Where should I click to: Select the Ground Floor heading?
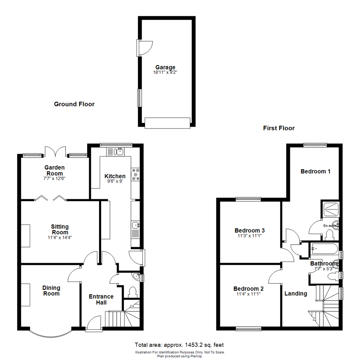pos(74,104)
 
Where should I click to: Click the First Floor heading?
pos(279,128)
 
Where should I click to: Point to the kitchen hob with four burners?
pos(136,174)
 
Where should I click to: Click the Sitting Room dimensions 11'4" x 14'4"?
pos(60,238)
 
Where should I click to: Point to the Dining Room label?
pos(51,291)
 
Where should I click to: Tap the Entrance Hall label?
pos(101,299)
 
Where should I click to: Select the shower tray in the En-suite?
pos(331,209)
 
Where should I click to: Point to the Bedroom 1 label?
pos(315,172)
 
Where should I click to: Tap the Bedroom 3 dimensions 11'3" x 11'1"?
pos(250,236)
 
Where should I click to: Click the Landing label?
pos(296,294)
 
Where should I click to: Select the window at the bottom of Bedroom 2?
pos(248,329)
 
